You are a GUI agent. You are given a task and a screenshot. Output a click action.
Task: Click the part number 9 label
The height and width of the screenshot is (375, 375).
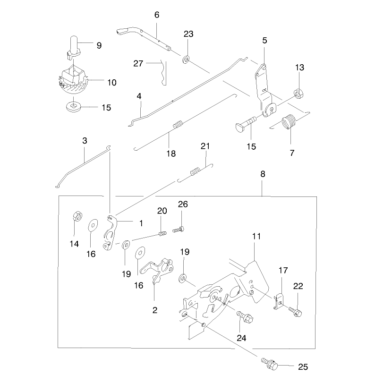pos(99,45)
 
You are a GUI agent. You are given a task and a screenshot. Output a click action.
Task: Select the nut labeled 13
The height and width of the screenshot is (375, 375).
pos(298,93)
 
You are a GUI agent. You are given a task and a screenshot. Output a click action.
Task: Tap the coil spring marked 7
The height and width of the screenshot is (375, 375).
pos(289,122)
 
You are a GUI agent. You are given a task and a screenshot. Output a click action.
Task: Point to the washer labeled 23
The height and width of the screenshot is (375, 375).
pos(186,60)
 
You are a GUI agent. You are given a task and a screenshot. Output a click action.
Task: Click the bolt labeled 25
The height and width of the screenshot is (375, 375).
pos(270,364)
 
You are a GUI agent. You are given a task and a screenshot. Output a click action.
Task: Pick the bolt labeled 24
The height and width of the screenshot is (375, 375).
pos(245,316)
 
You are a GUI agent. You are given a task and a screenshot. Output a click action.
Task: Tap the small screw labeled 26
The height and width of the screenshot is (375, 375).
pos(178,230)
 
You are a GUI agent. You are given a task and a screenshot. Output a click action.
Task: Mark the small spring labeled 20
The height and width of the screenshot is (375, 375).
pos(162,233)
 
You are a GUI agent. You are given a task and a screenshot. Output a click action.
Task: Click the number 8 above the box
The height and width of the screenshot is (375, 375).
pos(263,174)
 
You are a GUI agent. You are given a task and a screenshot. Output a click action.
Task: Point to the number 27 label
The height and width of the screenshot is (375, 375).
pos(138,63)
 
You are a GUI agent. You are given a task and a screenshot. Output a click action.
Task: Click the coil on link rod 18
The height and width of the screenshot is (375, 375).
pos(178,124)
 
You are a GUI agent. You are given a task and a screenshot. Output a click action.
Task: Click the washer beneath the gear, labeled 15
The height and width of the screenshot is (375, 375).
pos(73,106)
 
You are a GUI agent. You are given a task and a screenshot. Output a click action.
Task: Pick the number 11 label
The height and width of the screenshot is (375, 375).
pos(256,236)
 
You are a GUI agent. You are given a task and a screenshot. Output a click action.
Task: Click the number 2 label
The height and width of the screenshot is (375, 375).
pos(155,310)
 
